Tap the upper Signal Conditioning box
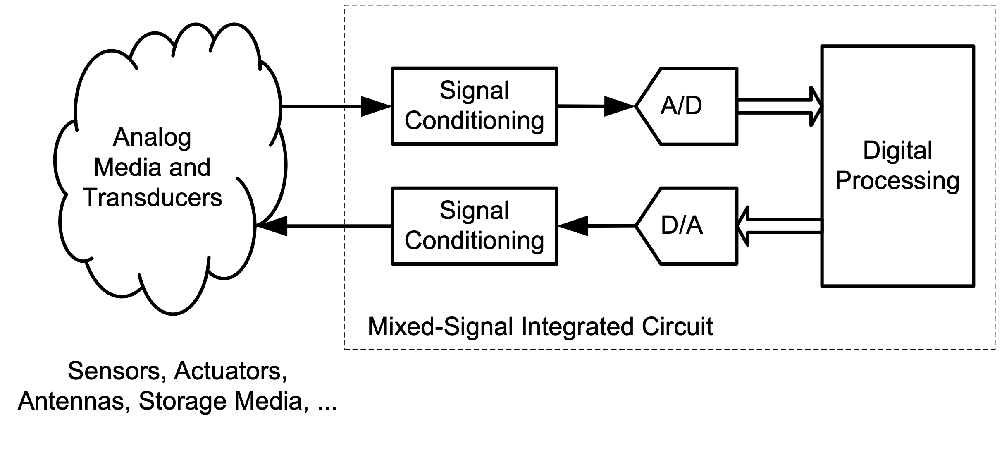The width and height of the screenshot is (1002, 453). coord(475,106)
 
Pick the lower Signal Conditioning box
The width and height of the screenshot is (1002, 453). coord(475,226)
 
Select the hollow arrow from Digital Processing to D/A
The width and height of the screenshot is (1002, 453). coord(779,226)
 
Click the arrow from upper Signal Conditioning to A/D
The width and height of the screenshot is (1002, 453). coord(596,106)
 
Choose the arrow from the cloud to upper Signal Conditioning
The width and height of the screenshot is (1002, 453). coord(336,106)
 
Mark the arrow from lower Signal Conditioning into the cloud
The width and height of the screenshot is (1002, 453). coord(324,226)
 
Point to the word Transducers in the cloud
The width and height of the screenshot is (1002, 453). coord(153,197)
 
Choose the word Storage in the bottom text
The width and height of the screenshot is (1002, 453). coord(183,401)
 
